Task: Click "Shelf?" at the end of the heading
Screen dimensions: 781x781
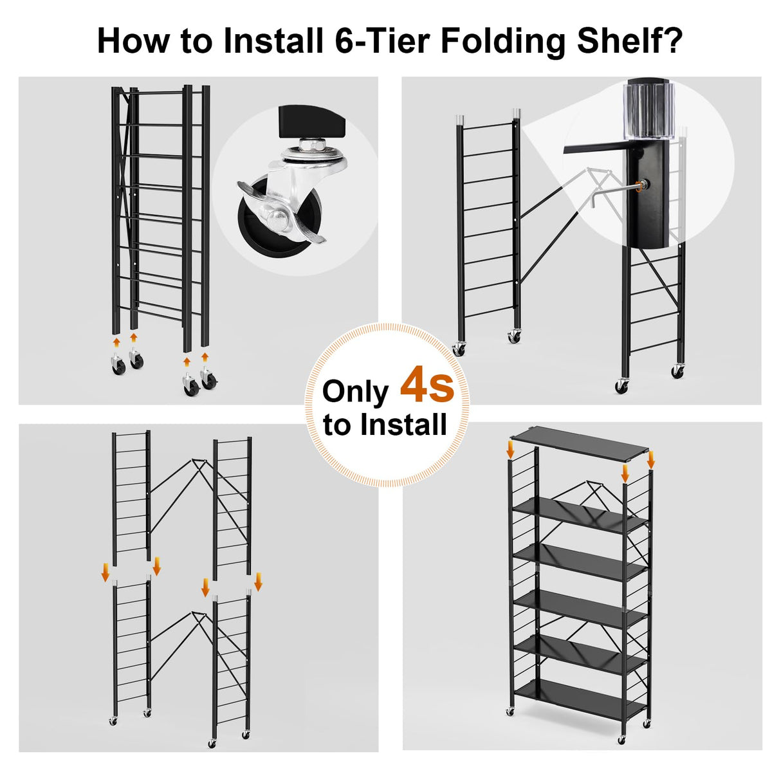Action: click(x=629, y=41)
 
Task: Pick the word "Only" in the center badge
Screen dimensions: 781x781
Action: click(x=355, y=392)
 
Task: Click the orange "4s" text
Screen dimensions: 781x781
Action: click(x=427, y=385)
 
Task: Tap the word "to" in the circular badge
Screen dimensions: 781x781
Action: click(x=337, y=425)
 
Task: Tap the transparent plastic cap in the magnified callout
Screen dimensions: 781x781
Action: click(x=650, y=109)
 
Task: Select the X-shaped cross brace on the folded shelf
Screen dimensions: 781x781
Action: click(x=124, y=161)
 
